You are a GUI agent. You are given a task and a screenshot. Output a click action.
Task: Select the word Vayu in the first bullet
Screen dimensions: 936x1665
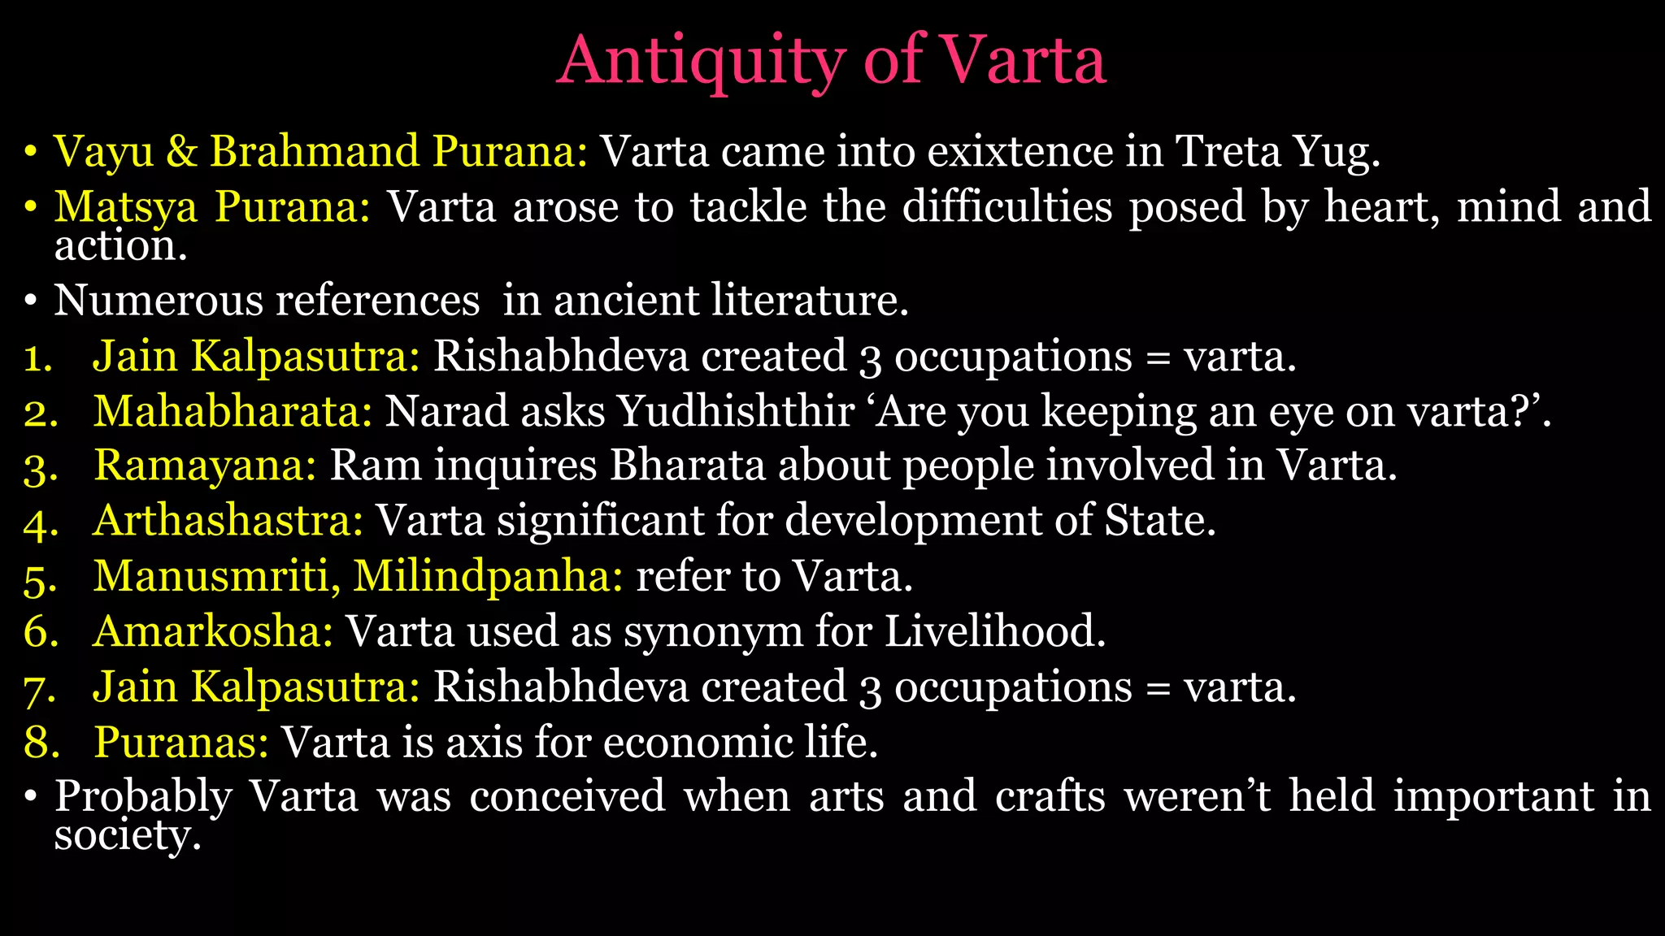103,153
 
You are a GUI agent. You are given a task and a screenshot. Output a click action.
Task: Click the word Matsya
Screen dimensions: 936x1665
126,208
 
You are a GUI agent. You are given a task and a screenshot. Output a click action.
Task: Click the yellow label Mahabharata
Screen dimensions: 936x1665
233,411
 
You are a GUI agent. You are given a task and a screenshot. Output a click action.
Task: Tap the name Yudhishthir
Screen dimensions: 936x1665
735,411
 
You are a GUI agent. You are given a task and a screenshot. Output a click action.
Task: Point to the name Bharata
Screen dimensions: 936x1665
688,466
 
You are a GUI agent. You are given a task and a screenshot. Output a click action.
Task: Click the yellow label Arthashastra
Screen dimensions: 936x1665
228,521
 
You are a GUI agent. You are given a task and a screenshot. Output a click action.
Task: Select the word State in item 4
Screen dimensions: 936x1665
1159,521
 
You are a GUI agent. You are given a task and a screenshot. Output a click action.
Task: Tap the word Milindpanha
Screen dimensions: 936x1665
488,577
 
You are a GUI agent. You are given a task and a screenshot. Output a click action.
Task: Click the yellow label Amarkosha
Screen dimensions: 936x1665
213,631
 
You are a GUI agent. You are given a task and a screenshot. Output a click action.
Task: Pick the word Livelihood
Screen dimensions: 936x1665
994,631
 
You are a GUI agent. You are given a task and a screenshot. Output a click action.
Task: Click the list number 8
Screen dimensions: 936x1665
41,743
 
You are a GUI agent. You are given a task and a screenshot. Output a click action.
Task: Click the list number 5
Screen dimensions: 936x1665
41,578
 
